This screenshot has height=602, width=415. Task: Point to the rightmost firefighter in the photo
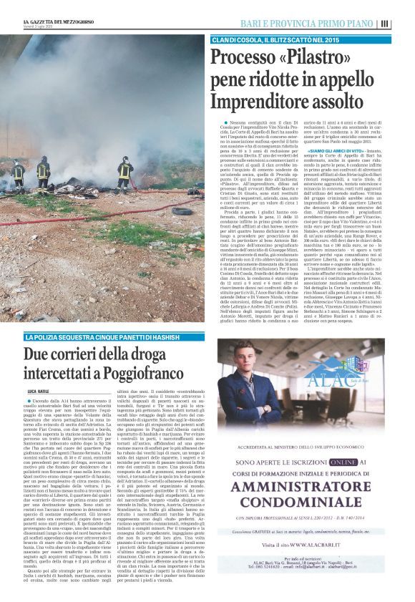click(x=125, y=169)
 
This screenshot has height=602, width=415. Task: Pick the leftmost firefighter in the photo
click(x=18, y=172)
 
